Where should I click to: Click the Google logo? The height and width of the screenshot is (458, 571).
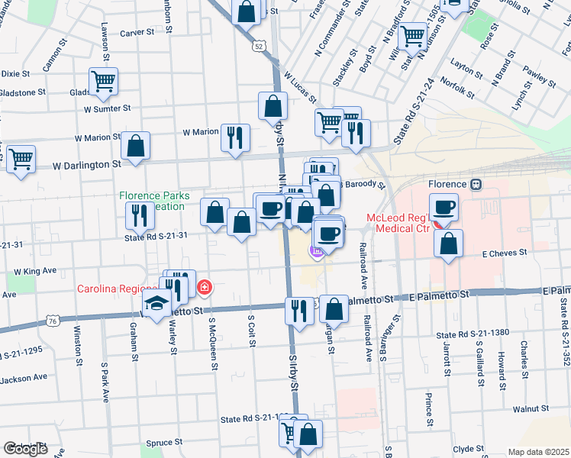25,449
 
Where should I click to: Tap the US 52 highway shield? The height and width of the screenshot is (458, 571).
260,47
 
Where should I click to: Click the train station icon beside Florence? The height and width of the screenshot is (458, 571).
476,185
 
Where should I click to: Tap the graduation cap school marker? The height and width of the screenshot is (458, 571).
156,304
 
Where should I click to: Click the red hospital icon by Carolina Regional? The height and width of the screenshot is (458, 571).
204,288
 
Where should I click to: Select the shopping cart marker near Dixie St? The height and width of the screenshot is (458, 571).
102,80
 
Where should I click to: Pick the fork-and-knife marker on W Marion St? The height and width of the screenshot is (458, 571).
235,137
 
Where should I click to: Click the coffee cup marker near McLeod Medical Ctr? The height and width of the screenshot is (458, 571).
444,207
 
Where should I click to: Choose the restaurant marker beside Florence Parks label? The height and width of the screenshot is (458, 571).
139,214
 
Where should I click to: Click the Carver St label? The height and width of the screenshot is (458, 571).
137,33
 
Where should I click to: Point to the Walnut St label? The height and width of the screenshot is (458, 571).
531,409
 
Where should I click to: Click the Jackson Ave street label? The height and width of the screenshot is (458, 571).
24,377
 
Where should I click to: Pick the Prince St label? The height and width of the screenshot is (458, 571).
430,410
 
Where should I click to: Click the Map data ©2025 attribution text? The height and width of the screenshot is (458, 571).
538,452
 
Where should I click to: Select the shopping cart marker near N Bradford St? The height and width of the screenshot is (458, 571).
413,34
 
